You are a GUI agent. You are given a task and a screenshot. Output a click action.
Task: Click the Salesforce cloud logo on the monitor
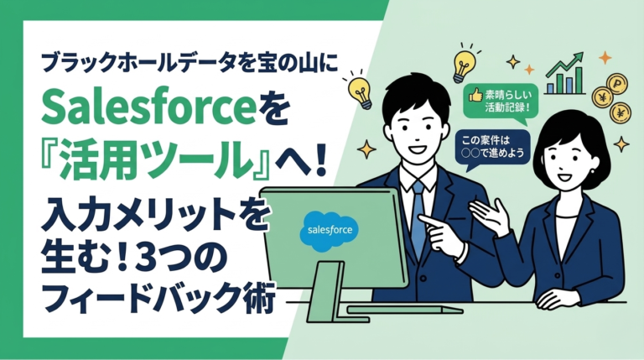(x=330, y=228)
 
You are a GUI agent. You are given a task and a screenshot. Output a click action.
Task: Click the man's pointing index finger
(x=425, y=221)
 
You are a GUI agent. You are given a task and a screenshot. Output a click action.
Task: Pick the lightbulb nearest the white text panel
(x=360, y=92)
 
